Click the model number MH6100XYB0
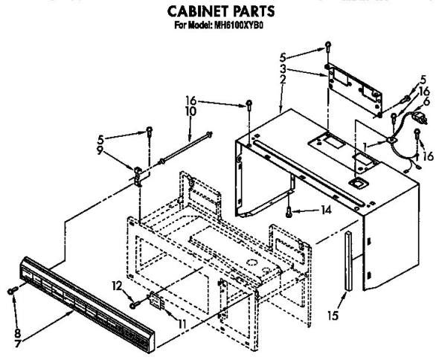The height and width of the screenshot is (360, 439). (239, 25)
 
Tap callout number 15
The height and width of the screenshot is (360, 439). (333, 315)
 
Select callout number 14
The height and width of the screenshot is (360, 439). (326, 210)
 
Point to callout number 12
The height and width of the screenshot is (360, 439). (118, 286)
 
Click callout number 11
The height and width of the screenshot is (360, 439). (182, 324)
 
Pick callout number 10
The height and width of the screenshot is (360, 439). (190, 111)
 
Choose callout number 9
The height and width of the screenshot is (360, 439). (99, 150)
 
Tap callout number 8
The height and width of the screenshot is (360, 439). (18, 333)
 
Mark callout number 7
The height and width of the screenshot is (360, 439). (18, 343)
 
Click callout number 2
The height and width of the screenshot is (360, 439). (283, 80)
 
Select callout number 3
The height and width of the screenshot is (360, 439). (283, 68)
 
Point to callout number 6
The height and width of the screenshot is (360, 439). (426, 101)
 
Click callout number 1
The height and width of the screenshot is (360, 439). (365, 146)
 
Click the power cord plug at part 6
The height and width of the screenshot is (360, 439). (420, 118)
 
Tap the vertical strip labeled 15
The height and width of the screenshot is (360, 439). (348, 261)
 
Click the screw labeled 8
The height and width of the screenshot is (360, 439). (13, 290)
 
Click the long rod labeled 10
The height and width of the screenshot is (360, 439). (185, 148)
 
